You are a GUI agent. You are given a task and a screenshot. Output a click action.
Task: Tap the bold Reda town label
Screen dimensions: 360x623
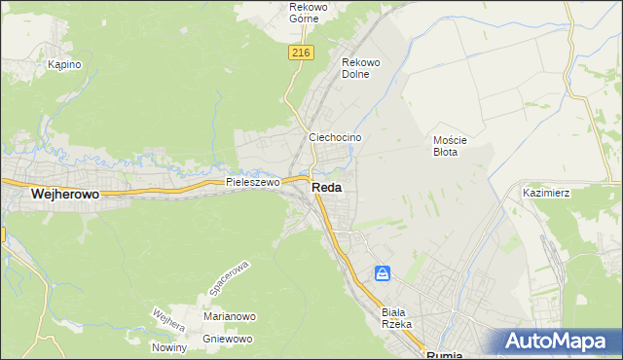pyautogui.click(x=326, y=189)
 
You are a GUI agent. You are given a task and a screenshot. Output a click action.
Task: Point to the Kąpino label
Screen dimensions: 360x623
pyautogui.click(x=64, y=64)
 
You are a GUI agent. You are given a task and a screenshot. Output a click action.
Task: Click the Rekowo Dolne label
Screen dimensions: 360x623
pyautogui.click(x=361, y=68)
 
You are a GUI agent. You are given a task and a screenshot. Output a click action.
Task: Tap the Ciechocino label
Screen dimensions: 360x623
pyautogui.click(x=335, y=138)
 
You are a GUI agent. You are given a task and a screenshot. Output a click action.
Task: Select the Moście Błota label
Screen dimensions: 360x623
pyautogui.click(x=451, y=146)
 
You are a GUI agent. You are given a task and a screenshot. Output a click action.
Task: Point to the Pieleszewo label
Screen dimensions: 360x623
pyautogui.click(x=253, y=182)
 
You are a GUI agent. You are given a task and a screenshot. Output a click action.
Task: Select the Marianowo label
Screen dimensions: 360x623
pyautogui.click(x=229, y=316)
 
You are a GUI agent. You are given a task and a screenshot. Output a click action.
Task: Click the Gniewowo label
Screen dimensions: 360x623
pyautogui.click(x=228, y=339)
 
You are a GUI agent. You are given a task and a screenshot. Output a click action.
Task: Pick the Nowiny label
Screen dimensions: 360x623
pyautogui.click(x=168, y=347)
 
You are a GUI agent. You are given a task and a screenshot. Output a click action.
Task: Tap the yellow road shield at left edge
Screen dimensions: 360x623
pyautogui.click(x=2, y=234)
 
